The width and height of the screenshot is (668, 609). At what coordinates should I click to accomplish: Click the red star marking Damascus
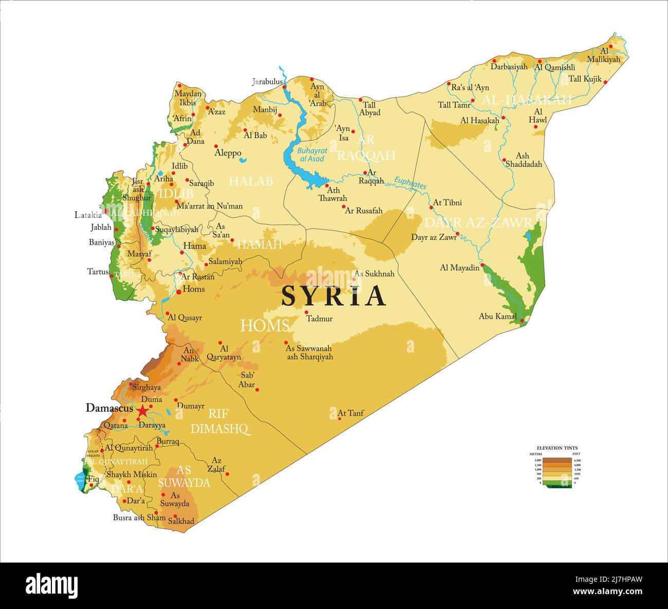[x=142, y=411]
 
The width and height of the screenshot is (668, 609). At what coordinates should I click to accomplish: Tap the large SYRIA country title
[x=333, y=296]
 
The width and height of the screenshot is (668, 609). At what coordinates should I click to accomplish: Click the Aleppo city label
[x=228, y=153]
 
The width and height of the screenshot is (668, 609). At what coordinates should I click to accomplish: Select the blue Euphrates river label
[x=410, y=182]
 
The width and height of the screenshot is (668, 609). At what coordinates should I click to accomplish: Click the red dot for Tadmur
[x=306, y=312]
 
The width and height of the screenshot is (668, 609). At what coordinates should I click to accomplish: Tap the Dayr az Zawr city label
[x=434, y=237]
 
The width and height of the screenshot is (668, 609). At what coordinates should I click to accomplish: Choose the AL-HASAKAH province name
[x=527, y=100]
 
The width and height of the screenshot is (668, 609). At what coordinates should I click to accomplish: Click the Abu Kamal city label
[x=497, y=316]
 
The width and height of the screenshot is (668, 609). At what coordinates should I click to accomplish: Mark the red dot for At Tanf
[x=340, y=418]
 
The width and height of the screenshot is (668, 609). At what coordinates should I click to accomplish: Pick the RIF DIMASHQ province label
[x=219, y=421]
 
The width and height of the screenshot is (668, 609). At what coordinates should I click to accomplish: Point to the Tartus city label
[x=98, y=271]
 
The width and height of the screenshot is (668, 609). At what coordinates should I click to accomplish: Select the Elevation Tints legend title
[x=557, y=448]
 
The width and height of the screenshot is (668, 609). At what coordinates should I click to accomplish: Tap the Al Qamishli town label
[x=554, y=67]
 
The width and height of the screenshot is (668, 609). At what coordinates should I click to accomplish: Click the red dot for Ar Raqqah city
[x=365, y=173]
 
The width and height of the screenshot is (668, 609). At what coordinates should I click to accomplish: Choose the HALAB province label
[x=251, y=181]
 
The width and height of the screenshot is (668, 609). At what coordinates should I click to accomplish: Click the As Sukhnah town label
[x=375, y=274]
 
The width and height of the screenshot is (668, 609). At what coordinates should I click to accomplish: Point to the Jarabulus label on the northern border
[x=267, y=81]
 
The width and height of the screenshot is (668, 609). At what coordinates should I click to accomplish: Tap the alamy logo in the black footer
[x=51, y=585]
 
